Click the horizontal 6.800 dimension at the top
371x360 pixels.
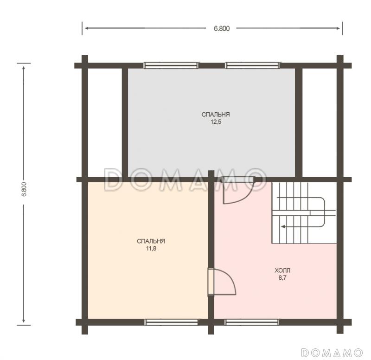click(x=222, y=28)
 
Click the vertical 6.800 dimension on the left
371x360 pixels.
click(x=24, y=189)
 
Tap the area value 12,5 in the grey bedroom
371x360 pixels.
click(x=216, y=122)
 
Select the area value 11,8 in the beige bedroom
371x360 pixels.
click(x=151, y=249)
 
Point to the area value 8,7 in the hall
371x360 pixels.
click(x=282, y=277)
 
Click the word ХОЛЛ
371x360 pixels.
click(x=282, y=270)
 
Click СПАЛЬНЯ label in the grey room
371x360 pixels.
click(x=216, y=115)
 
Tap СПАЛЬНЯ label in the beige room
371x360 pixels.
click(x=151, y=241)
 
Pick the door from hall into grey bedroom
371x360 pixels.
click(x=238, y=190)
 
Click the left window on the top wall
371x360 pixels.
click(x=171, y=65)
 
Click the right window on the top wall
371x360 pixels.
click(x=253, y=65)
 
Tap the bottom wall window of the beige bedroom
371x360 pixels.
click(x=171, y=322)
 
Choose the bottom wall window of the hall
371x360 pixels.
click(x=251, y=322)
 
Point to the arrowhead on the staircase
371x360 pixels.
click(x=283, y=226)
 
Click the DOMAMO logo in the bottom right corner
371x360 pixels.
click(x=332, y=353)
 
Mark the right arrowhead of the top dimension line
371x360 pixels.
click(x=338, y=28)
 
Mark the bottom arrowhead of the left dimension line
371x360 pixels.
click(x=24, y=320)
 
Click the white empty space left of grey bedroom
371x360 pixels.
click(x=105, y=122)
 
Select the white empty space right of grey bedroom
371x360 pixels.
click(x=320, y=122)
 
